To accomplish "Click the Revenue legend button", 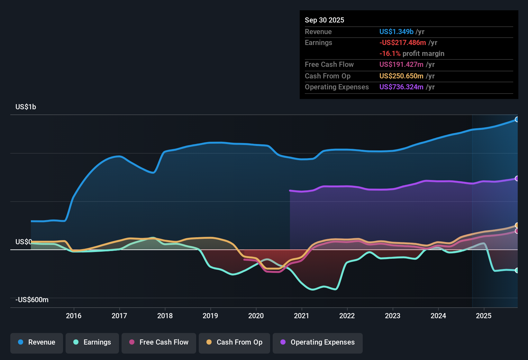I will [37, 342].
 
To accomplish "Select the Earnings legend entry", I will [92, 342].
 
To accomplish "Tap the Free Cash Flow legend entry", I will [159, 342].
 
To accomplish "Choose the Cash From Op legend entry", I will [234, 342].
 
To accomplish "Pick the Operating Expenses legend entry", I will [318, 342].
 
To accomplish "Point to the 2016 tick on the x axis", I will [74, 316].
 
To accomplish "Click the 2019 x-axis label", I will [210, 316].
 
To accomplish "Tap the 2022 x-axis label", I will [347, 316].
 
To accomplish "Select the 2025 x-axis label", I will [484, 316].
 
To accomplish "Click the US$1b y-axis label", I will [26, 107].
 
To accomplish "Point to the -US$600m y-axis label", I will [32, 300].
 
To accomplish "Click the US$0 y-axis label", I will [23, 242].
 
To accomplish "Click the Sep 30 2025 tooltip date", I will [324, 20].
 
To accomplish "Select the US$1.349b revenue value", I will [396, 32].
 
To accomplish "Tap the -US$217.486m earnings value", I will [403, 42].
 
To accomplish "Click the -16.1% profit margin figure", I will [390, 53].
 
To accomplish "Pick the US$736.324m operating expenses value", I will [401, 87].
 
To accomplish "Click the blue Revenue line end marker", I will [517, 120].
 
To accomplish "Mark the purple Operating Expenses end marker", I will [517, 178].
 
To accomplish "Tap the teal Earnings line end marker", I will [517, 270].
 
